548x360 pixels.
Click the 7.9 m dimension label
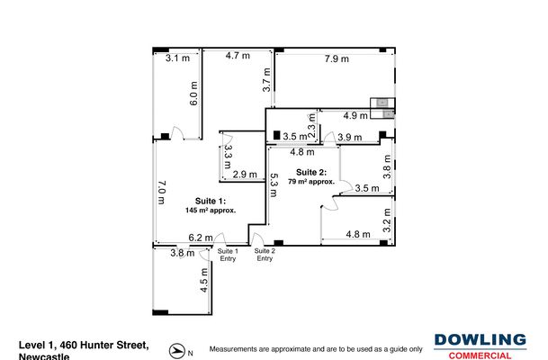pos(337,59)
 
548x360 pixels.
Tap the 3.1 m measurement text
pos(178,58)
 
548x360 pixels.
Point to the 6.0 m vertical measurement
pos(193,93)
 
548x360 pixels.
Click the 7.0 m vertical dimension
pos(162,193)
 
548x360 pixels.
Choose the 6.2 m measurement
pos(201,238)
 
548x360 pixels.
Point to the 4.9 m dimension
pos(356,115)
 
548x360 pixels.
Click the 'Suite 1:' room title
pos(211,201)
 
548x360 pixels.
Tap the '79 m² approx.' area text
pos(311,181)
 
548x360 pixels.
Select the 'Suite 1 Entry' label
pos(229,255)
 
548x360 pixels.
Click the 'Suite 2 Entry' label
pos(265,255)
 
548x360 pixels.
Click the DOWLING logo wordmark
pos(481,340)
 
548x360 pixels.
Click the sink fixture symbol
pos(384,108)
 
